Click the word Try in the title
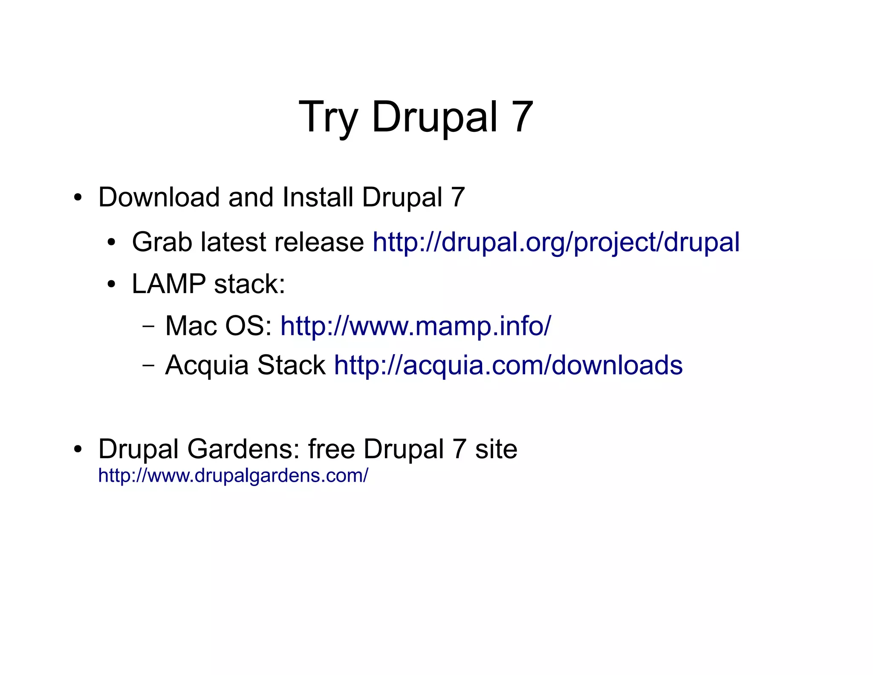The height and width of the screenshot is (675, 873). pos(327,117)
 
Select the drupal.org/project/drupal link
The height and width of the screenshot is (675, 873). pos(556,242)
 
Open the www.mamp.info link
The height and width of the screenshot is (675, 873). pos(416,326)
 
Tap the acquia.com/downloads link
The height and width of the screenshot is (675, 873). pos(508,365)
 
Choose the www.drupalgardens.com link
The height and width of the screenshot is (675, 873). pos(233,475)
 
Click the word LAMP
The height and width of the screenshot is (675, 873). pos(169,284)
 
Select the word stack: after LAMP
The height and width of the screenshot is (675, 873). pos(249,284)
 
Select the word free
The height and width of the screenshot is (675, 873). pos(331,449)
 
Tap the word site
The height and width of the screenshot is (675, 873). pos(496,449)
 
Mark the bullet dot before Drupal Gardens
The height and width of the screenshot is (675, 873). pos(77,450)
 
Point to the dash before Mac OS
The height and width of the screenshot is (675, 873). pos(148,326)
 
